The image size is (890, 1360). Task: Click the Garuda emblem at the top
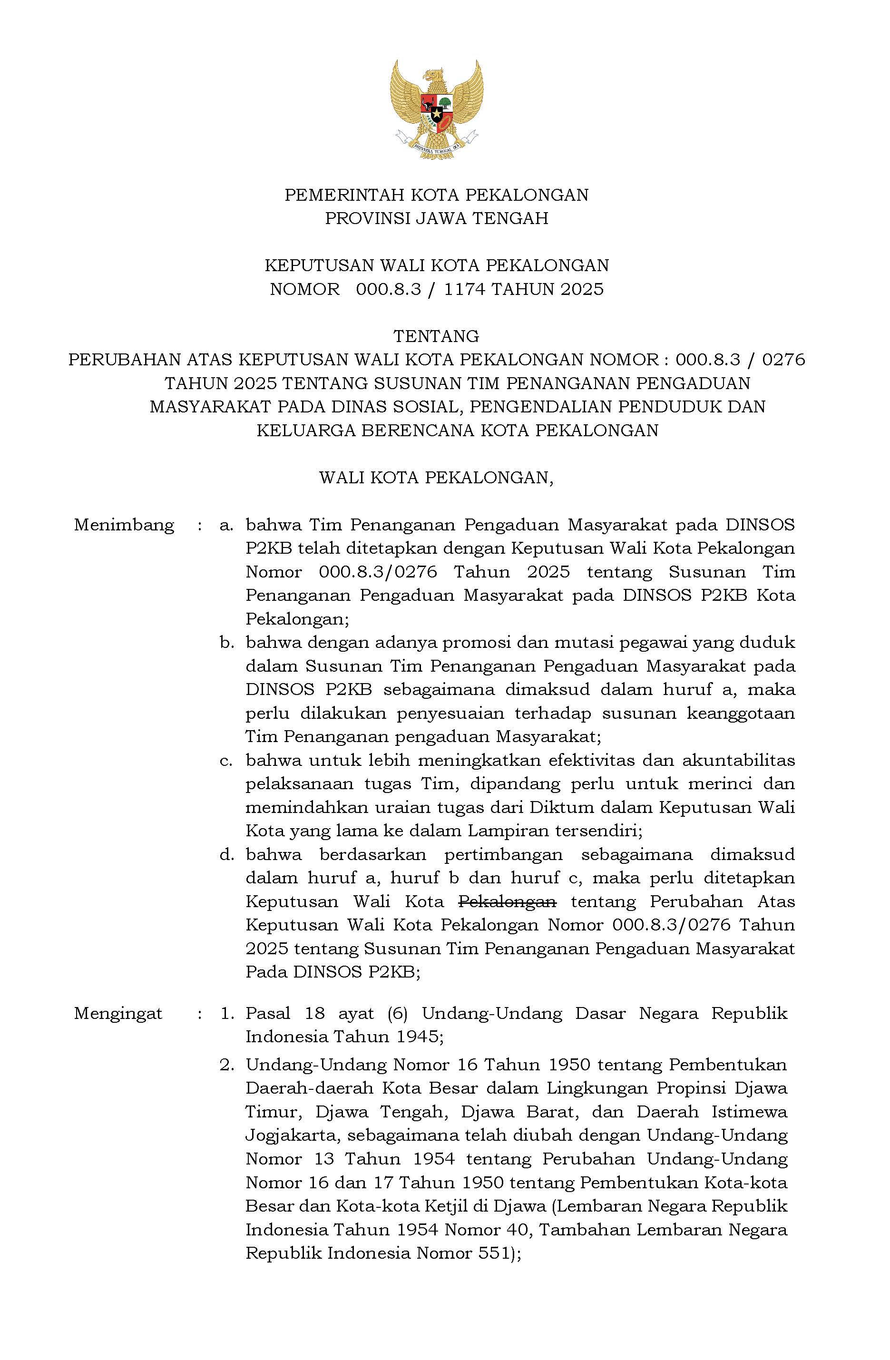click(x=436, y=109)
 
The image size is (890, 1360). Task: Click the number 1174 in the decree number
click(x=464, y=289)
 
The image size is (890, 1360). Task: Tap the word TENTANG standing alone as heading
click(x=436, y=335)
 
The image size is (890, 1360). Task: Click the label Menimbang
click(x=124, y=525)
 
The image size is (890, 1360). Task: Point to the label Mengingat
click(x=118, y=1013)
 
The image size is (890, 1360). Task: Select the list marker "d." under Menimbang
click(x=227, y=855)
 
